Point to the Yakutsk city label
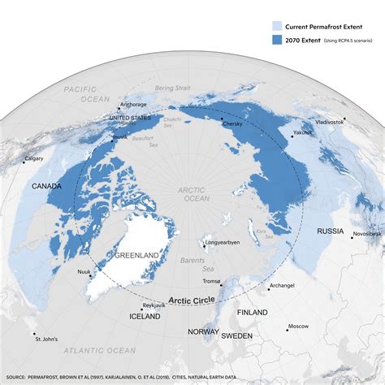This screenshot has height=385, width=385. [303, 132]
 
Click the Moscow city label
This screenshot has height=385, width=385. [297, 327]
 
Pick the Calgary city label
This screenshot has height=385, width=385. [34, 158]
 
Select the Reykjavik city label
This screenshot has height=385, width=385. [154, 305]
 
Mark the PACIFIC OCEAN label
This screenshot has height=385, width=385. [77, 93]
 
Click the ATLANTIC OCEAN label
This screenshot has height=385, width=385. [101, 351]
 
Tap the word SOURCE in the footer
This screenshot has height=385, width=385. [18, 377]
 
